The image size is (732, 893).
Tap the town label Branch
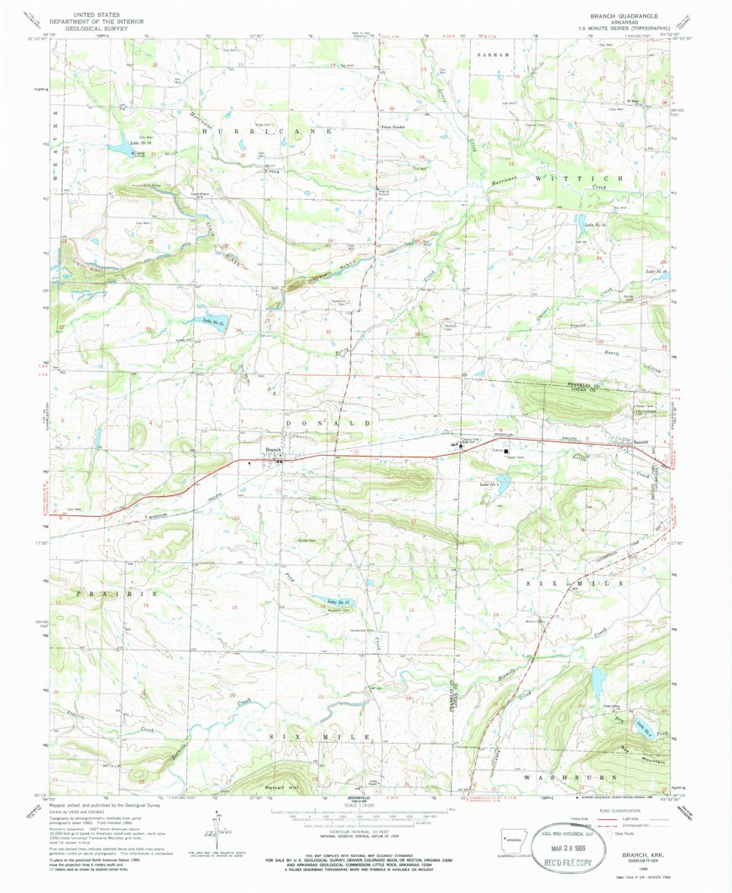(273, 451)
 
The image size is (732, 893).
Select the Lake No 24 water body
(214, 321)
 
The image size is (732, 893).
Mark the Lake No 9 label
(489, 484)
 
